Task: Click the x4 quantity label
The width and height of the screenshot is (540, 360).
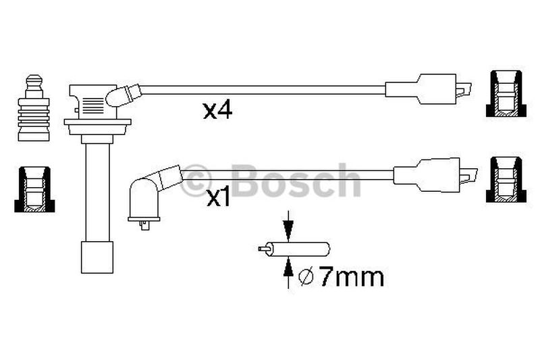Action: click(x=217, y=111)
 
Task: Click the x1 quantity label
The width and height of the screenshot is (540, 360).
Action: click(x=217, y=199)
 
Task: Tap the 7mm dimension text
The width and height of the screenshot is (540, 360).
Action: click(x=351, y=277)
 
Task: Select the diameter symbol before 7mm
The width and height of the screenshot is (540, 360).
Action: click(x=306, y=278)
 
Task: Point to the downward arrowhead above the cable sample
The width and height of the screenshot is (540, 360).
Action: click(x=288, y=228)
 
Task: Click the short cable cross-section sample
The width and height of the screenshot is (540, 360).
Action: click(x=294, y=249)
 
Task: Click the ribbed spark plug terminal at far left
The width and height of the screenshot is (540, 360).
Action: click(x=34, y=108)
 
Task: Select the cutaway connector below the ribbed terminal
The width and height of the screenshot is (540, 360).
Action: click(x=34, y=189)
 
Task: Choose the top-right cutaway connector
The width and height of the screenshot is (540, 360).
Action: click(x=506, y=94)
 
